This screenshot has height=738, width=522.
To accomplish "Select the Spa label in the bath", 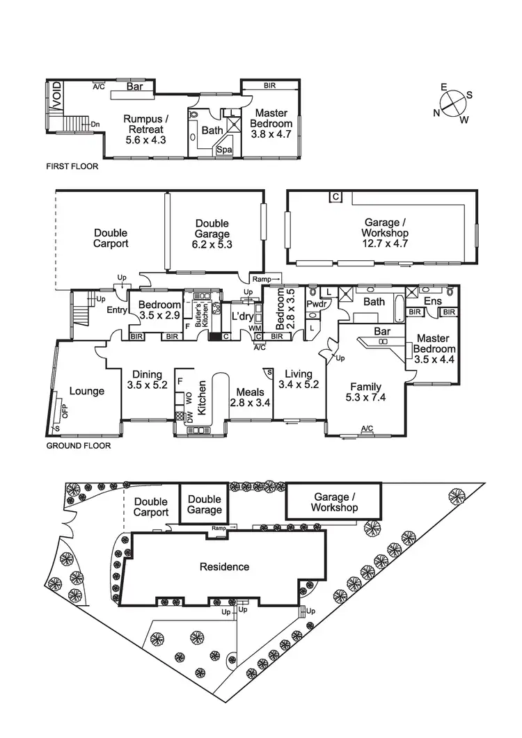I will click(224, 150).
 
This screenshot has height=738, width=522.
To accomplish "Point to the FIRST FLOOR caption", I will click(72, 167).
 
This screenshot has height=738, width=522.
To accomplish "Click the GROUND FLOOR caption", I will click(78, 446).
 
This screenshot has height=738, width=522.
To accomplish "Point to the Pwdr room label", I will click(319, 305).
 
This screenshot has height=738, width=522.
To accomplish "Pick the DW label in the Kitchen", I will click(189, 417).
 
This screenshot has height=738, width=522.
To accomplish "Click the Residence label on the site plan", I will click(224, 566).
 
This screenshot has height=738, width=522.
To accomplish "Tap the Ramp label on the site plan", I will click(220, 529).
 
